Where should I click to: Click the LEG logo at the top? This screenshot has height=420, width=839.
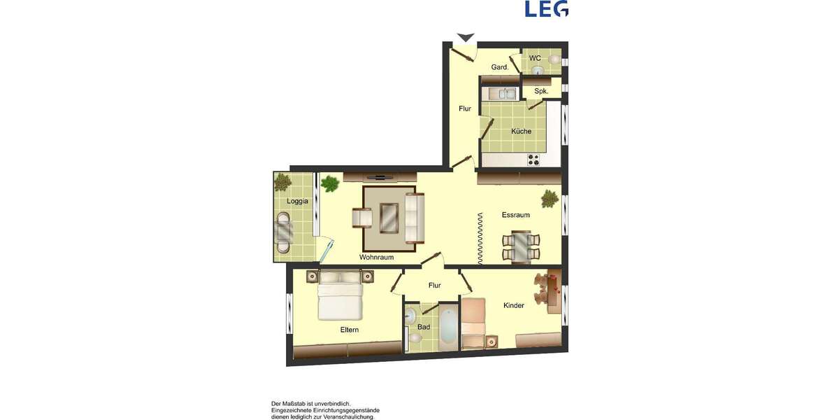[546, 8]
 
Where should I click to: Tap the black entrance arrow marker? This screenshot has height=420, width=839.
[465, 37]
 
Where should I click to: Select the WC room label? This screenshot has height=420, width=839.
[535, 58]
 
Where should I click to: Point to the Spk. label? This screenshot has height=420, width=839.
[541, 91]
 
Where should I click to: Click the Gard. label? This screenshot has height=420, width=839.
[499, 67]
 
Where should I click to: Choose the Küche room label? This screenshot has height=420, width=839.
[521, 131]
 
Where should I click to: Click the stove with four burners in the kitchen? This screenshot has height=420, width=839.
[534, 160]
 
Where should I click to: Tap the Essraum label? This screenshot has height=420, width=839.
[515, 215]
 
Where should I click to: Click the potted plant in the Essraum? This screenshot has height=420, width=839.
[550, 199]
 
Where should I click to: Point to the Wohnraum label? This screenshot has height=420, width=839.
[376, 258]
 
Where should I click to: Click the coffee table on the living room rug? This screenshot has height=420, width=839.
[389, 218]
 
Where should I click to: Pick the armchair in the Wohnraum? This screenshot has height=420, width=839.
[362, 218]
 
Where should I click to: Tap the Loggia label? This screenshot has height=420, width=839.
[297, 202]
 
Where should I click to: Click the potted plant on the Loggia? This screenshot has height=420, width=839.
[283, 183]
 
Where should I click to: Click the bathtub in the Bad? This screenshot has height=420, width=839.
[448, 326]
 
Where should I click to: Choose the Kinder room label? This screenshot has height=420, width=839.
[513, 305]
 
